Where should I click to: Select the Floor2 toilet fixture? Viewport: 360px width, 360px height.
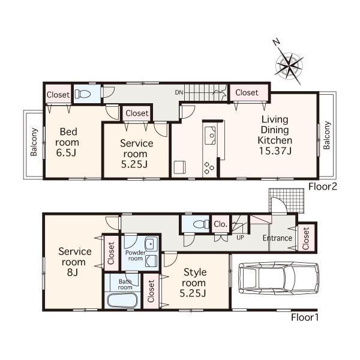pos(84,94)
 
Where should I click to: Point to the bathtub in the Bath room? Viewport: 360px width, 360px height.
pos(122,300)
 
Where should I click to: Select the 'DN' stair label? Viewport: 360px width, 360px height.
pos(179,92)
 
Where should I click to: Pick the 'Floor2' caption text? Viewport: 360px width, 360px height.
pos(322,187)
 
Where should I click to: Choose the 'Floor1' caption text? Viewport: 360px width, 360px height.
pos(305,317)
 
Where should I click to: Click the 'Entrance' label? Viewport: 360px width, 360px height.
pos(277,238)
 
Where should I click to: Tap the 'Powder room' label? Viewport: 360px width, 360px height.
pos(135,255)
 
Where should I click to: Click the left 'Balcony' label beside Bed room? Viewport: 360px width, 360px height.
pos(34,143)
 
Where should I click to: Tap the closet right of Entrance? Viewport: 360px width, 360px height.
pos(305,238)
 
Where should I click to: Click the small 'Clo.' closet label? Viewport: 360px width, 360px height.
pos(220,224)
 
